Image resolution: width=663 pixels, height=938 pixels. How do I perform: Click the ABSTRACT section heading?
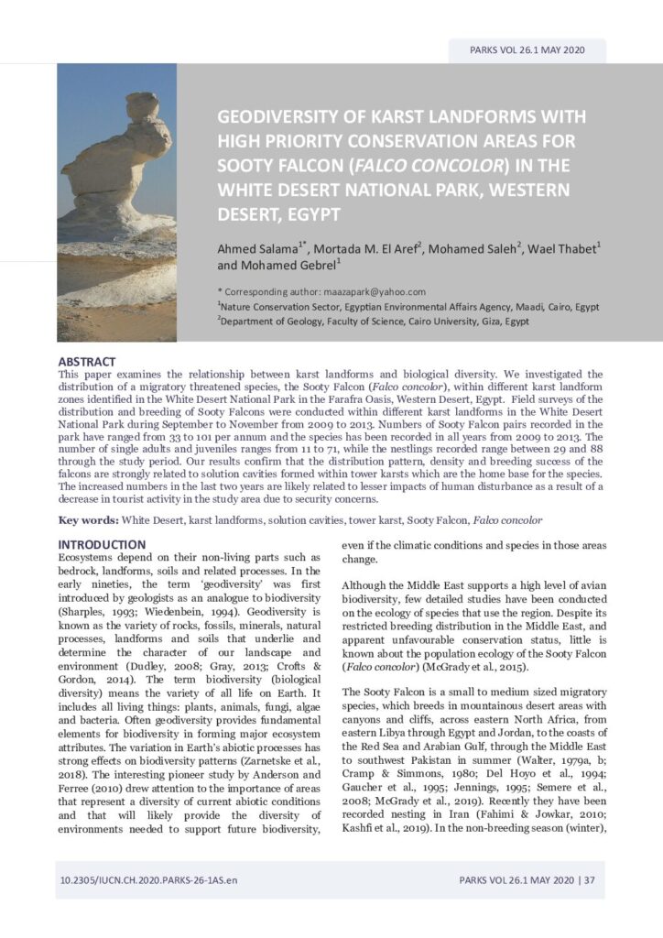pos(87,362)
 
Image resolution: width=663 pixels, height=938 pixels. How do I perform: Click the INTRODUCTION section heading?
pos(102,544)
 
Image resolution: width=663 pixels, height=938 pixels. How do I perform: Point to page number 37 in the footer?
pos(589,880)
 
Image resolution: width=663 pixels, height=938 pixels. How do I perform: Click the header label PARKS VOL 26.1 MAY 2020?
pos(527,50)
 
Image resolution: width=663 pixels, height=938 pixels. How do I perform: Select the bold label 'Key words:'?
pos(89,520)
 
